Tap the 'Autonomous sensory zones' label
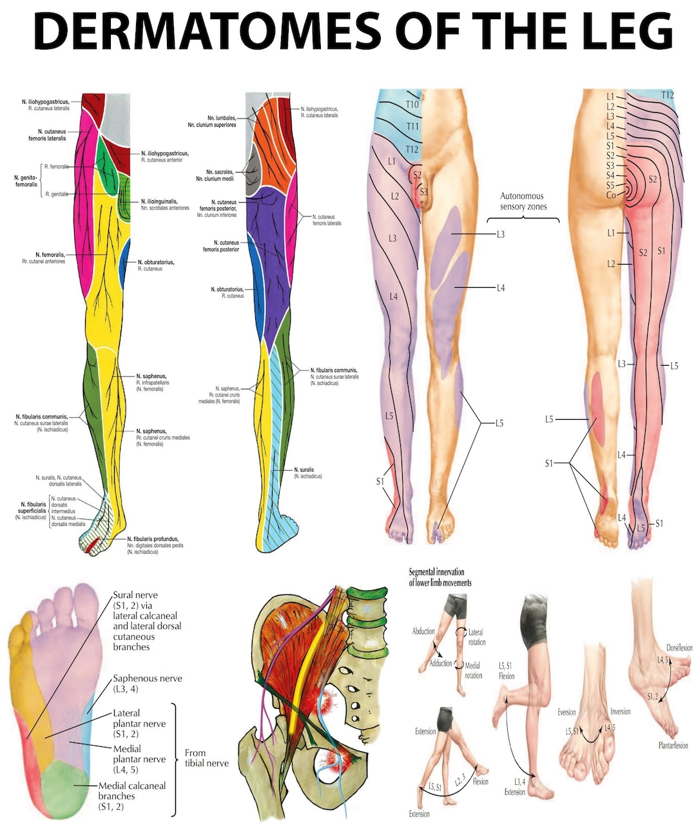[x=523, y=201]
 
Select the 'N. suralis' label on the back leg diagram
[x=304, y=470]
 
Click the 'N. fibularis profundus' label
[x=153, y=539]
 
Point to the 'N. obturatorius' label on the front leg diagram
[x=155, y=263]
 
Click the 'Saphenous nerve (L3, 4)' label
[x=147, y=683]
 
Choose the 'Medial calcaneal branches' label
[x=131, y=796]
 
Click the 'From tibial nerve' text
[x=206, y=758]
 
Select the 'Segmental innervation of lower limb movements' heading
[x=440, y=577]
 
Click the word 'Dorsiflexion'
[x=679, y=648]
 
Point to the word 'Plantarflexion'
[x=673, y=746]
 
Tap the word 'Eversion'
[x=566, y=712]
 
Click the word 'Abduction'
[x=423, y=631]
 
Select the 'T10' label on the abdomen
[x=412, y=104]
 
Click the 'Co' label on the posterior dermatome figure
[x=610, y=194]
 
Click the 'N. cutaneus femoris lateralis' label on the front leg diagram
[x=47, y=135]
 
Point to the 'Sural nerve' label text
[x=135, y=595]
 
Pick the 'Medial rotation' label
[x=473, y=670]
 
